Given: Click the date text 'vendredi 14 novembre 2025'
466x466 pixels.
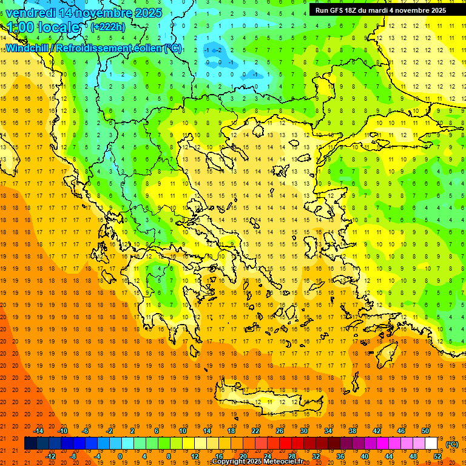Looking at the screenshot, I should click(84, 13).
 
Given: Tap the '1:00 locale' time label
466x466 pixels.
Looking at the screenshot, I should click(44, 27).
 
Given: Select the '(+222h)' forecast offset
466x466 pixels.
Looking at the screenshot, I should click(108, 27).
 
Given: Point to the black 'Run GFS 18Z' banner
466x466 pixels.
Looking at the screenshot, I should click(380, 10).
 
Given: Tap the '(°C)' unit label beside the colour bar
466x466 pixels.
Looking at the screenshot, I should click(452, 444).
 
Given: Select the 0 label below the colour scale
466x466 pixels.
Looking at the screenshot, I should click(120, 456).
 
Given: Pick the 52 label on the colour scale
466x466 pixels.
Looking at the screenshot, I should click(437, 456).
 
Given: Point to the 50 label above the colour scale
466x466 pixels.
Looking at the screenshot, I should click(425, 431).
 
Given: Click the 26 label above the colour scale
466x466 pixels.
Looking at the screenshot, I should click(280, 431).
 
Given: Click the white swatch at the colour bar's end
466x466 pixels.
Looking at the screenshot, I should click(431, 444).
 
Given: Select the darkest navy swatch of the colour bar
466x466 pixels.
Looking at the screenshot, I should click(31, 444).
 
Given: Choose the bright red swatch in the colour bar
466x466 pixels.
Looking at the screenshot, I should click(286, 444).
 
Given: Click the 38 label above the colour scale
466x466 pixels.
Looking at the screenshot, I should click(352, 431).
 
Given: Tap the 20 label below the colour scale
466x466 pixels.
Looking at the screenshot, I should click(243, 456).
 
